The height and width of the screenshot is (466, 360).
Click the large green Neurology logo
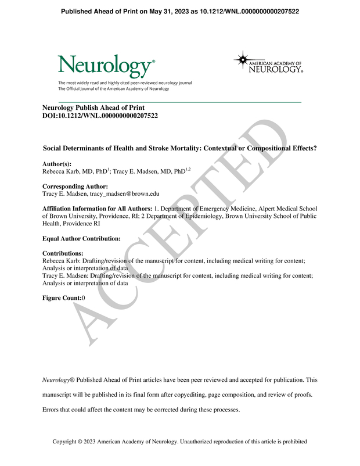coord(105,65)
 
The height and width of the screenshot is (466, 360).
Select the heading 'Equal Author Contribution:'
coord(82,238)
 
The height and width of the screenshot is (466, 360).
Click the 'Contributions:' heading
coord(63,254)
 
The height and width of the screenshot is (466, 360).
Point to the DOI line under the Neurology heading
coord(100,116)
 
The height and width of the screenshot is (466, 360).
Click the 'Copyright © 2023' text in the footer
coord(74,442)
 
